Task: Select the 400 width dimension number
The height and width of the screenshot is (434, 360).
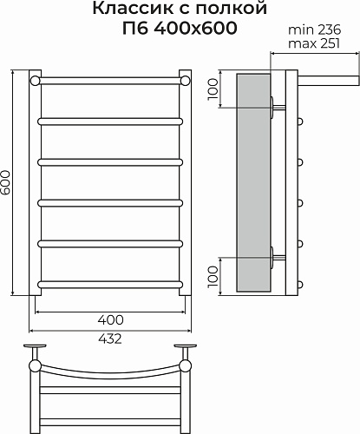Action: pos(110,319)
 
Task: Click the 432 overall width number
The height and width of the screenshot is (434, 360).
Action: pos(110,339)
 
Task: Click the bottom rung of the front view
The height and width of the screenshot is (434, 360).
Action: pos(110,282)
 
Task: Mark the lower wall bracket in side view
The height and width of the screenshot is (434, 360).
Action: pos(275,256)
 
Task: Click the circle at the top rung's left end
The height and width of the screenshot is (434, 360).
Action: pos(35,81)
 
